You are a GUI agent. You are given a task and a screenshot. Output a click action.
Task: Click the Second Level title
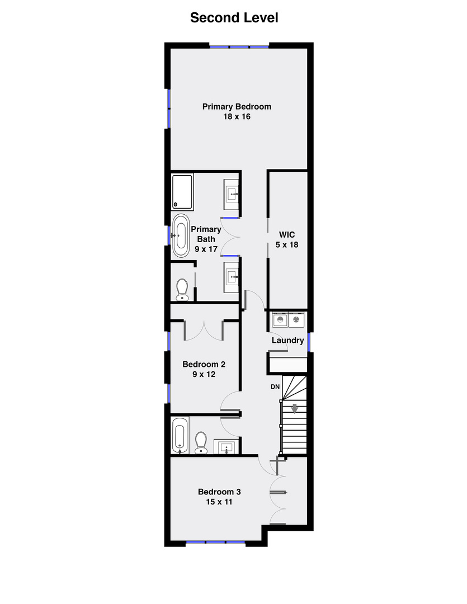click(x=234, y=18)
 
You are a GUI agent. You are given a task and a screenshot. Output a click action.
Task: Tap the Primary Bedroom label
click(x=237, y=106)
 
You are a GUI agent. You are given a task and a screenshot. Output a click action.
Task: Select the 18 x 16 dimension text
click(x=237, y=117)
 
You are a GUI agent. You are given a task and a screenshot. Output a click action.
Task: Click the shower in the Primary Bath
click(x=182, y=192)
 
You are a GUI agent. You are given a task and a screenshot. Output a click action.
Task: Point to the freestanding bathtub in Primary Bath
click(x=181, y=235)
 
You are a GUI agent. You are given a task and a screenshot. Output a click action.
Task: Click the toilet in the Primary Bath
click(x=182, y=290)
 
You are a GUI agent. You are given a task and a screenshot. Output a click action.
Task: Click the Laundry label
click(x=288, y=340)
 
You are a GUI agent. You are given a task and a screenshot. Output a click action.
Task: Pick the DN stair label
click(x=275, y=387)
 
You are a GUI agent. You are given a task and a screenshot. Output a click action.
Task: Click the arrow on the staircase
click(x=294, y=409)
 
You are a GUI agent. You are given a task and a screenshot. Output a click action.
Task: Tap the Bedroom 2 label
click(x=204, y=364)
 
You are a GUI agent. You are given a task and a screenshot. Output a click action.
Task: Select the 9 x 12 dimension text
click(x=204, y=375)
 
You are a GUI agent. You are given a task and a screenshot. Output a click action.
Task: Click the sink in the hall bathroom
click(x=227, y=447)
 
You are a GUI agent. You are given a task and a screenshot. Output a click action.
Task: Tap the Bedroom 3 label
click(x=219, y=492)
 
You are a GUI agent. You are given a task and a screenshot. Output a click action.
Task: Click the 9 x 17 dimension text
click(x=206, y=249)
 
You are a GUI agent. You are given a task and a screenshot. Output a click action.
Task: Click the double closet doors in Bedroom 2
click(x=204, y=330)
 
